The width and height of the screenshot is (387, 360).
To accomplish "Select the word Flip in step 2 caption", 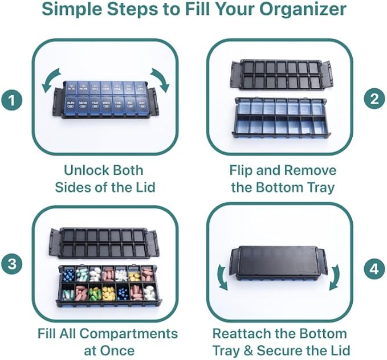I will (x=243, y=170).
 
